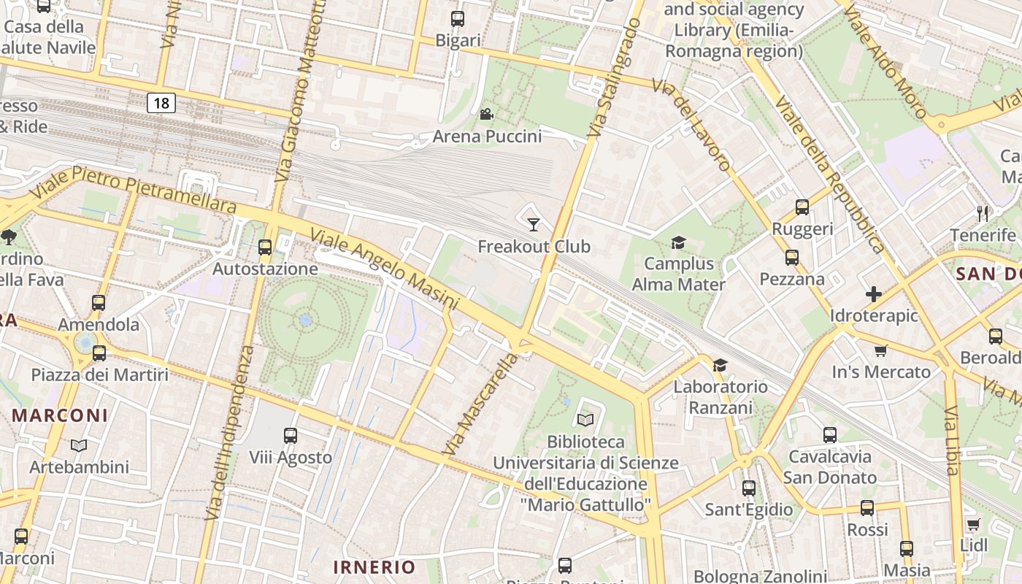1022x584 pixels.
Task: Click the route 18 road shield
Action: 161,103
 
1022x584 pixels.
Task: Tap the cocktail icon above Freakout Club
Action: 534,224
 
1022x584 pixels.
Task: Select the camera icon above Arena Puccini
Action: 486,114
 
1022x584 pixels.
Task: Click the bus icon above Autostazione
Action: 265,247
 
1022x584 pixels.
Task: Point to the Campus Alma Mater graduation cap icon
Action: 679,242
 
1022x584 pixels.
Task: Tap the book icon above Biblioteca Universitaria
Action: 585,420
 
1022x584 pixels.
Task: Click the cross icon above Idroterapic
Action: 873,294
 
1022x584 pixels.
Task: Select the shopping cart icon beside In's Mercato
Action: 881,350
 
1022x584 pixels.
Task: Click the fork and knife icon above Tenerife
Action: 983,213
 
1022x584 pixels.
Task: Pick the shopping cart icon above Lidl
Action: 973,524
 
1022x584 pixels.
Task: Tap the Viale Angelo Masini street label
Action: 385,269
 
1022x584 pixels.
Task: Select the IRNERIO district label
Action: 374,566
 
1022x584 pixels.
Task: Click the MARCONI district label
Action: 60,415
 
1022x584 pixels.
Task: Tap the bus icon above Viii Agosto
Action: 291,436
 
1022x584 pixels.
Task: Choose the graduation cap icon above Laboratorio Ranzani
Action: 721,365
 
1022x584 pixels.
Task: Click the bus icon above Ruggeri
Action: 802,207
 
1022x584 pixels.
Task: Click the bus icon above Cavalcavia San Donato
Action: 830,435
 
